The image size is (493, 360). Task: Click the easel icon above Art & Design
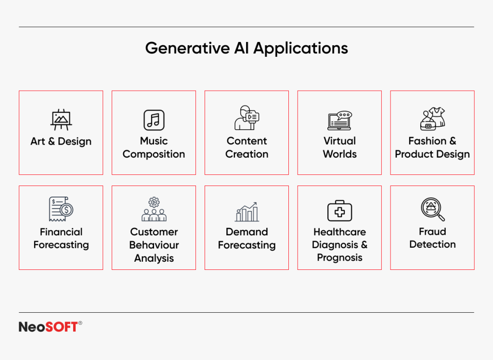61,119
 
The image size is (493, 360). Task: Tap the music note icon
154,119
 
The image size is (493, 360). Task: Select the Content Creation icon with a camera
246,118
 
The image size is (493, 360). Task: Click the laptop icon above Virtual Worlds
339,120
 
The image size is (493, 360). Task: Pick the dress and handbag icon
432,119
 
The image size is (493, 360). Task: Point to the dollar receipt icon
61,209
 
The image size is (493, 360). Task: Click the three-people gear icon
154,209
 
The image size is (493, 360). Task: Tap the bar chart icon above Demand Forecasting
246,212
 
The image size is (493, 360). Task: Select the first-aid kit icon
339,211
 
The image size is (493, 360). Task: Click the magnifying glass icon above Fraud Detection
432,209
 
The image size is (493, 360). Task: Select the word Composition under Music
154,154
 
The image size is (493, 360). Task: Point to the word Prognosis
339,258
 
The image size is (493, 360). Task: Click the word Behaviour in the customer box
154,245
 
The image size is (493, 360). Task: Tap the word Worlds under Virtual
339,154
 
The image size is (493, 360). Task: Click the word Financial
61,232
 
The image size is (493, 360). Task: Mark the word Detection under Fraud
432,244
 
